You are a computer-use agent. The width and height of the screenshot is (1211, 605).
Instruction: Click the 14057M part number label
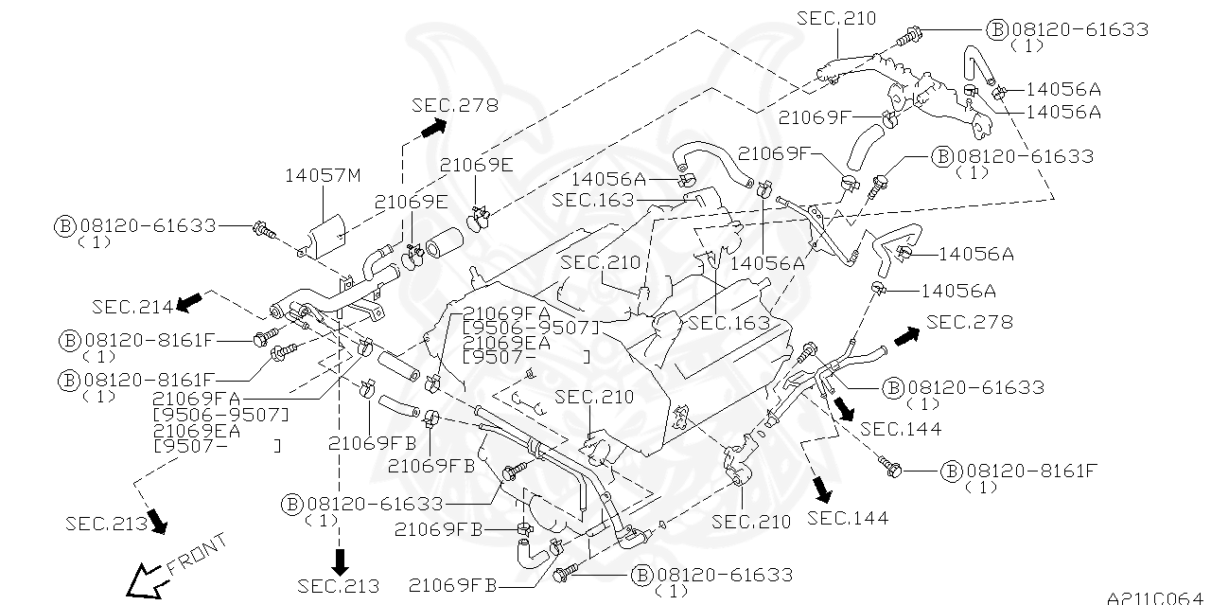coord(324,175)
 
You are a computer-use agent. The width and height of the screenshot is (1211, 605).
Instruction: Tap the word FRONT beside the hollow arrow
coord(197,556)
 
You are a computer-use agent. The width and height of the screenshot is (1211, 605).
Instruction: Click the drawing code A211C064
coord(1157,597)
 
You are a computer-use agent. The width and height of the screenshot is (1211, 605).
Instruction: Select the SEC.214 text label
coord(132,306)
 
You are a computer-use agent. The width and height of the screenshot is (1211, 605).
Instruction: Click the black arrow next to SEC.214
coord(190,301)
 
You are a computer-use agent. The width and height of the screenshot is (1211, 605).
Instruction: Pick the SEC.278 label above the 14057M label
coord(454,105)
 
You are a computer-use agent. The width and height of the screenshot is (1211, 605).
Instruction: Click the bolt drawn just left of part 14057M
coord(263,228)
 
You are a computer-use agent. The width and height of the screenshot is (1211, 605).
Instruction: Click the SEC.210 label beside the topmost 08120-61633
coord(836,18)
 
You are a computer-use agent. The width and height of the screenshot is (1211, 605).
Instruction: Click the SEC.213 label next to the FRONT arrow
coord(106,523)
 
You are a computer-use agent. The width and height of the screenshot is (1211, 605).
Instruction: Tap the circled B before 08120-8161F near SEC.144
coord(952,471)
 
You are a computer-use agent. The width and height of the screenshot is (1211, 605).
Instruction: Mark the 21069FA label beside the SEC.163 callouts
coord(507,312)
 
